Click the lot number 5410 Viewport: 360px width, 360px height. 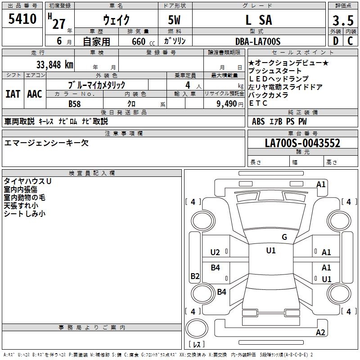(22, 20)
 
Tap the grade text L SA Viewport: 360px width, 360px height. (258, 20)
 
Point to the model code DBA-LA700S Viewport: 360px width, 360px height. (258, 41)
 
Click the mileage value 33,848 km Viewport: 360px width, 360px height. (54, 65)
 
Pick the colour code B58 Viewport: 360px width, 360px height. (75, 103)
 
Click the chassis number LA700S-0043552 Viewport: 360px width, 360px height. (302, 144)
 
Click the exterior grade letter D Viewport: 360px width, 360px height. (335, 41)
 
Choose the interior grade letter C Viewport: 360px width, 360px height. (350, 41)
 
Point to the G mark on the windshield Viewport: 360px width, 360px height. (284, 237)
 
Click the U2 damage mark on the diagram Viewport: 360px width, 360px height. (215, 252)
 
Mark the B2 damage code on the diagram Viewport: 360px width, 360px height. (195, 276)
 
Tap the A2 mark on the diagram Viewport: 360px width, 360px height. (320, 333)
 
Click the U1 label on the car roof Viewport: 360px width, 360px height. (270, 251)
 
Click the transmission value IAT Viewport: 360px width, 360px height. (13, 94)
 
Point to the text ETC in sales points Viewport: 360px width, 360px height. (258, 103)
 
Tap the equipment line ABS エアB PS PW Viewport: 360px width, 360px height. (279, 121)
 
